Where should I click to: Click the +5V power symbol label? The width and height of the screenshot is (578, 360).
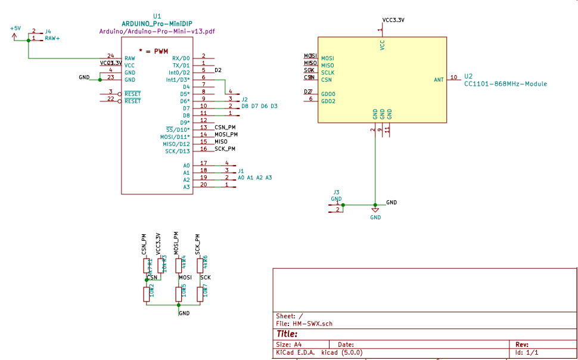coord(15,28)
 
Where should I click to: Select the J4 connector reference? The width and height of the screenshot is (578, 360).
coord(48,31)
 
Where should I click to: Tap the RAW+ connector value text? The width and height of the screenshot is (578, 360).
coord(53,38)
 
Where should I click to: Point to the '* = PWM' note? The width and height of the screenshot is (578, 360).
coord(153,51)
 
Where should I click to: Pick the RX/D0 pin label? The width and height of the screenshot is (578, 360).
coord(181,58)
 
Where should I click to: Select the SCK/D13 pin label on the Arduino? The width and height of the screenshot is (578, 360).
coord(178,151)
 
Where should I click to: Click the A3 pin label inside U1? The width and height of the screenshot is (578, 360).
coord(187,187)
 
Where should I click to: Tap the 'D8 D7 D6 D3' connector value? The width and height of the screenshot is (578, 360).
coord(259,106)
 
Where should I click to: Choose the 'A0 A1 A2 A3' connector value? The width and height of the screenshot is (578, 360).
coord(254,178)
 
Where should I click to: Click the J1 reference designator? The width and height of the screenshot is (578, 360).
coord(241,170)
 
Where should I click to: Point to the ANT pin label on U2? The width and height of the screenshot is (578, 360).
coord(439,79)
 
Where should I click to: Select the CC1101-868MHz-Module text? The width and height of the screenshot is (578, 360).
coord(505,84)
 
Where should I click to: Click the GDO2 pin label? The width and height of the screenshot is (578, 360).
coord(328,101)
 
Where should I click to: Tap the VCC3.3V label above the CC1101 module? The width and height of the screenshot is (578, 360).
coord(393,20)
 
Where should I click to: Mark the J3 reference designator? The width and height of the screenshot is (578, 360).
coord(336,192)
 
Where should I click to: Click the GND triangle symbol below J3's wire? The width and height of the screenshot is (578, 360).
coord(375,210)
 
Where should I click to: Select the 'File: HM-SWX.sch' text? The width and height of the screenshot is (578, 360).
coord(304,324)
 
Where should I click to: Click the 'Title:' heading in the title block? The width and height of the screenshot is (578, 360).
coord(287,334)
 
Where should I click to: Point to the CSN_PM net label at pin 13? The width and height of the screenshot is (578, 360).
coord(226,128)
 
